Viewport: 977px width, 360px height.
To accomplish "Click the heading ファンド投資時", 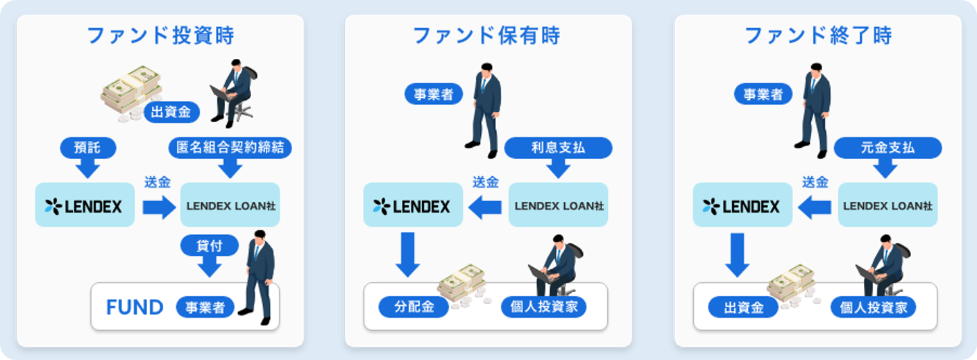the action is click(x=160, y=36).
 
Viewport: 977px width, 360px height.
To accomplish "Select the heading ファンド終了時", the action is click(x=817, y=36).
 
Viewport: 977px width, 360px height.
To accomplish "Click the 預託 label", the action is click(x=87, y=148).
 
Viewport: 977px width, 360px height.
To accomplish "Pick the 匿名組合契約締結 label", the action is click(x=230, y=148).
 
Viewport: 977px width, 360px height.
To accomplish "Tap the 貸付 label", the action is click(x=209, y=245).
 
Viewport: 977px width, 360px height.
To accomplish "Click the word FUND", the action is click(x=135, y=307).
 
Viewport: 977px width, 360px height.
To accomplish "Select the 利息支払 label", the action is click(x=558, y=148).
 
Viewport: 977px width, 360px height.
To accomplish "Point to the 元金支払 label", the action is click(x=887, y=148).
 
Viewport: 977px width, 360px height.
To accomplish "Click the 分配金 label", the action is click(x=413, y=307).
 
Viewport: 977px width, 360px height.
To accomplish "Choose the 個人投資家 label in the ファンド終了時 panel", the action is click(x=873, y=307).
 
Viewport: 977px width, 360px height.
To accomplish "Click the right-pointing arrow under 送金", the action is click(x=159, y=207).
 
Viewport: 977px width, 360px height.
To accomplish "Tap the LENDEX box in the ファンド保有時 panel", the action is click(x=413, y=205).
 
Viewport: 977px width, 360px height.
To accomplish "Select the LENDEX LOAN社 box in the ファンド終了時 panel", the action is click(x=887, y=205).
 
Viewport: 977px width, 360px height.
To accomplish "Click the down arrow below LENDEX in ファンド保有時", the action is click(x=407, y=255).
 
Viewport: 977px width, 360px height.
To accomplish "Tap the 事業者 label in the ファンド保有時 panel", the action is click(x=434, y=94).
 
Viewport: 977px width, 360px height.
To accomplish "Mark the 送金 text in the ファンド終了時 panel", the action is click(x=815, y=182).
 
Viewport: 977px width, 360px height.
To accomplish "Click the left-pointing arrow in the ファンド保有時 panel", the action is click(x=486, y=207).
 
